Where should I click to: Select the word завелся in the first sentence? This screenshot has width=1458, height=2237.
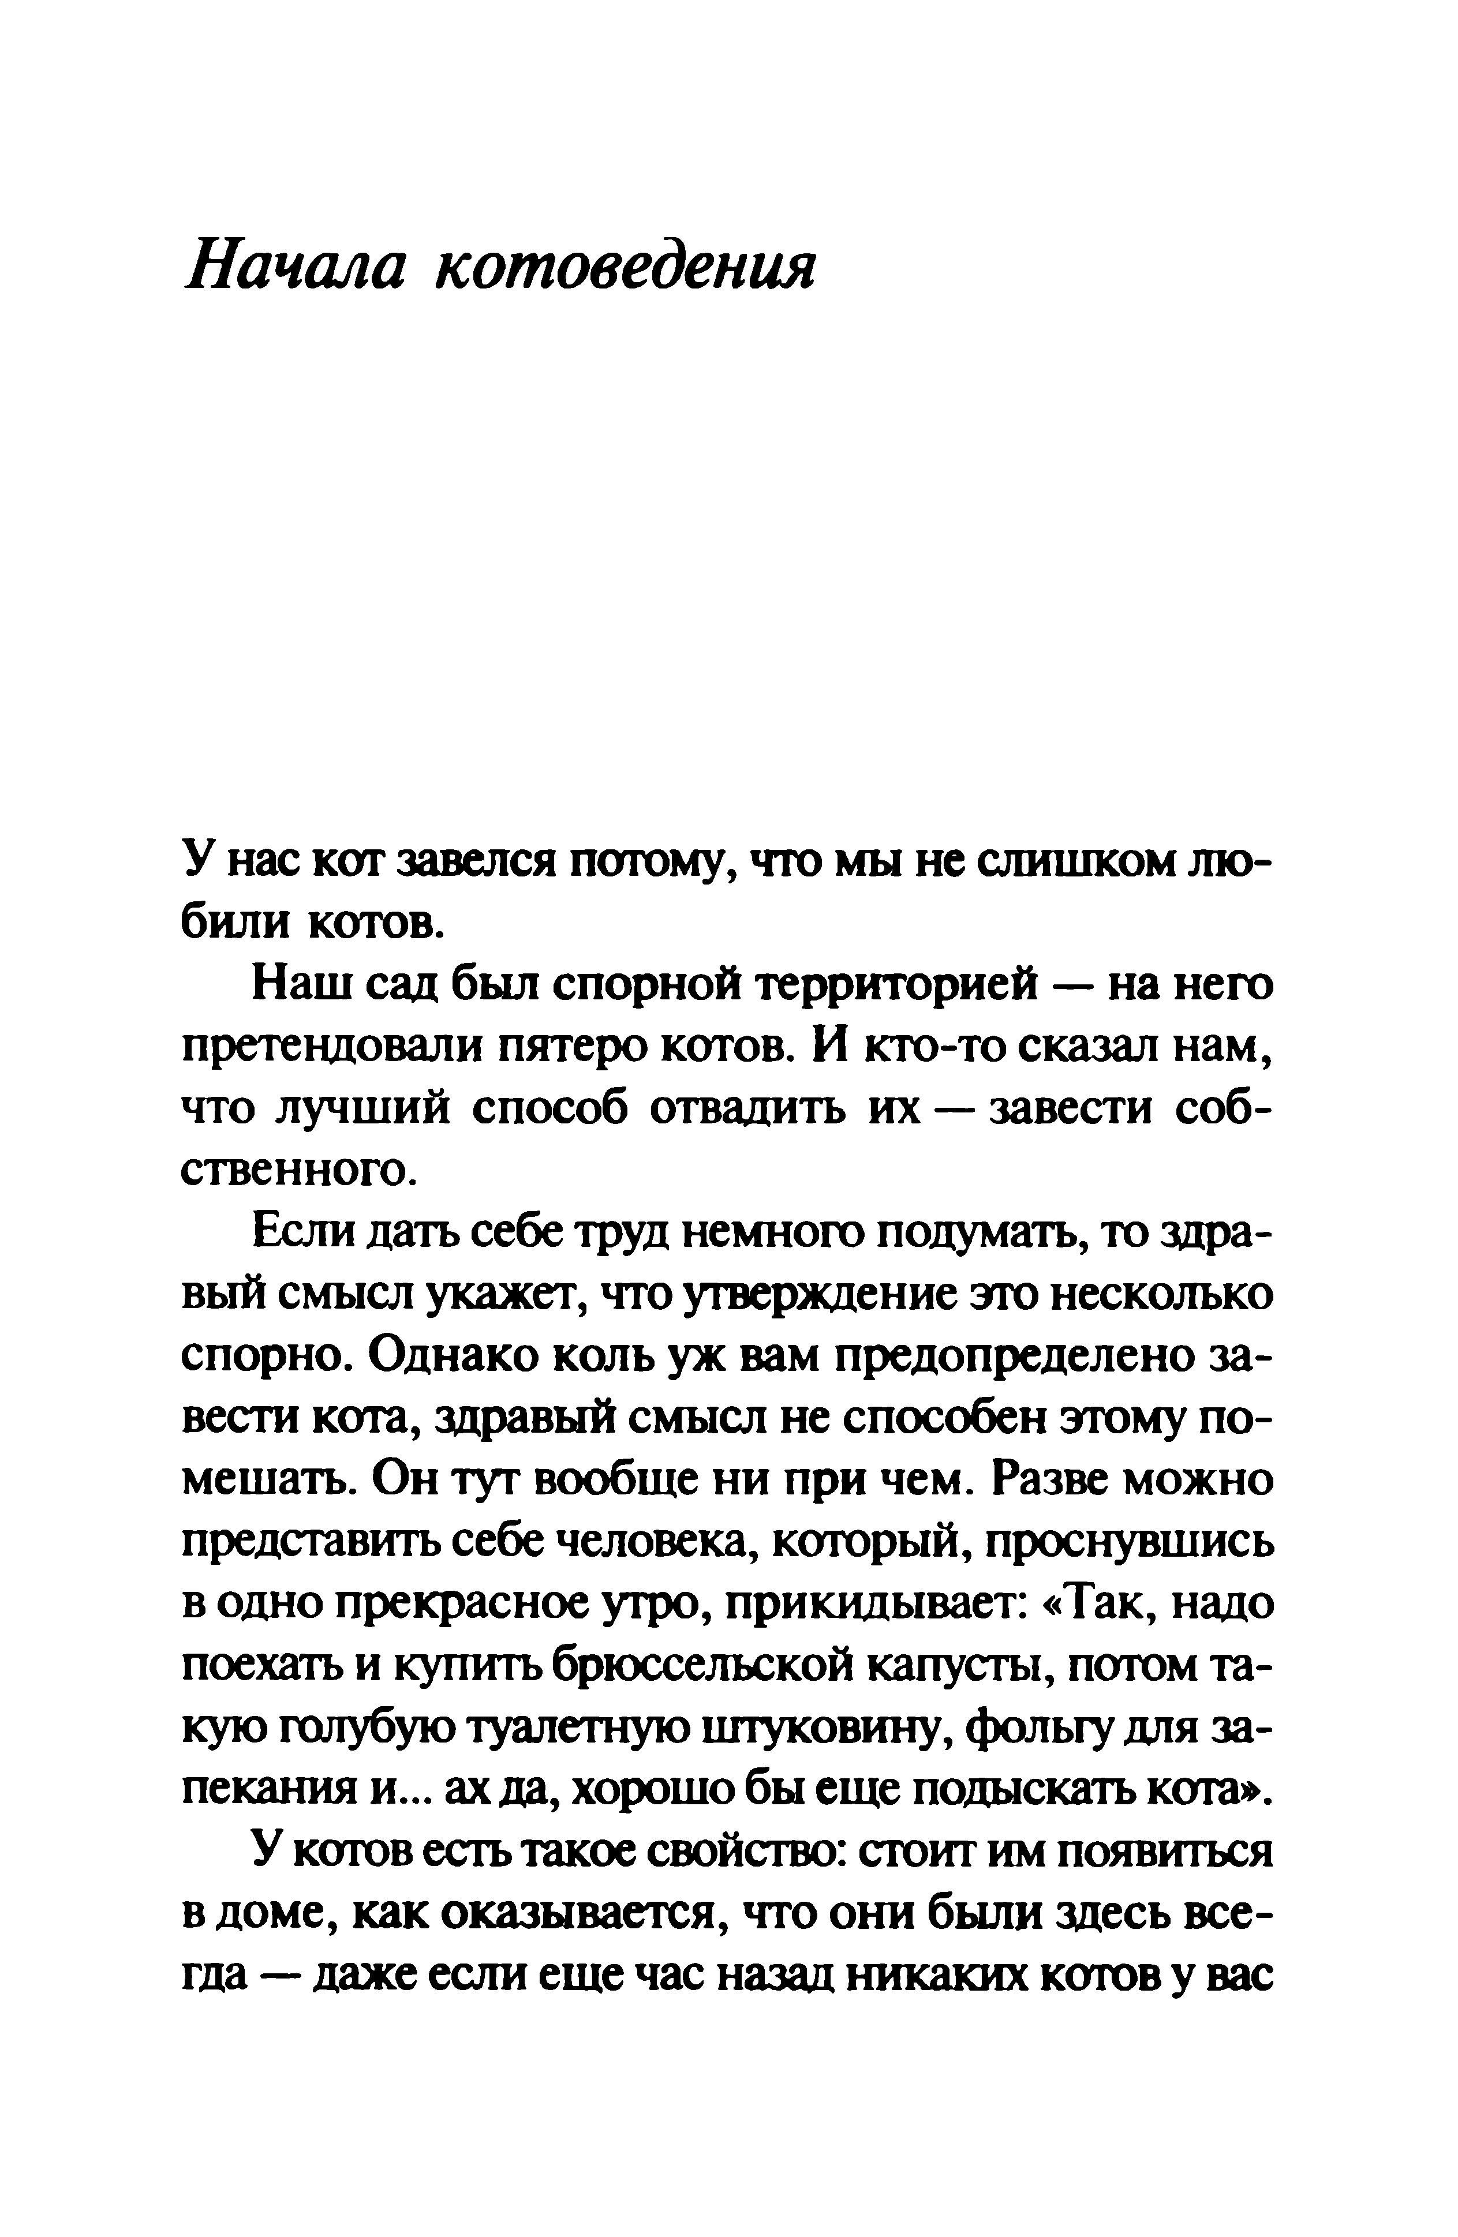tap(482, 862)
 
